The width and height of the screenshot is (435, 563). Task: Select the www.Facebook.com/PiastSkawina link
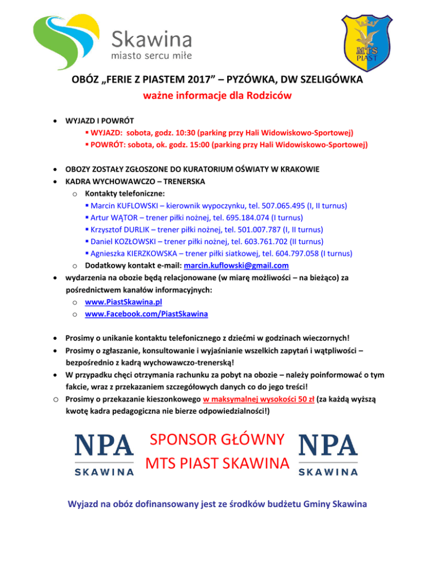coord(146,313)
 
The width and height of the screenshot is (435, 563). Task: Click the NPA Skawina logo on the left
coord(105,454)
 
